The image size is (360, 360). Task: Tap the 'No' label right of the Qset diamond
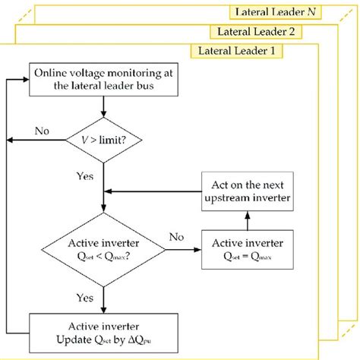pyautogui.click(x=177, y=237)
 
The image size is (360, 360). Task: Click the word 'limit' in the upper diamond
pyautogui.click(x=111, y=139)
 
